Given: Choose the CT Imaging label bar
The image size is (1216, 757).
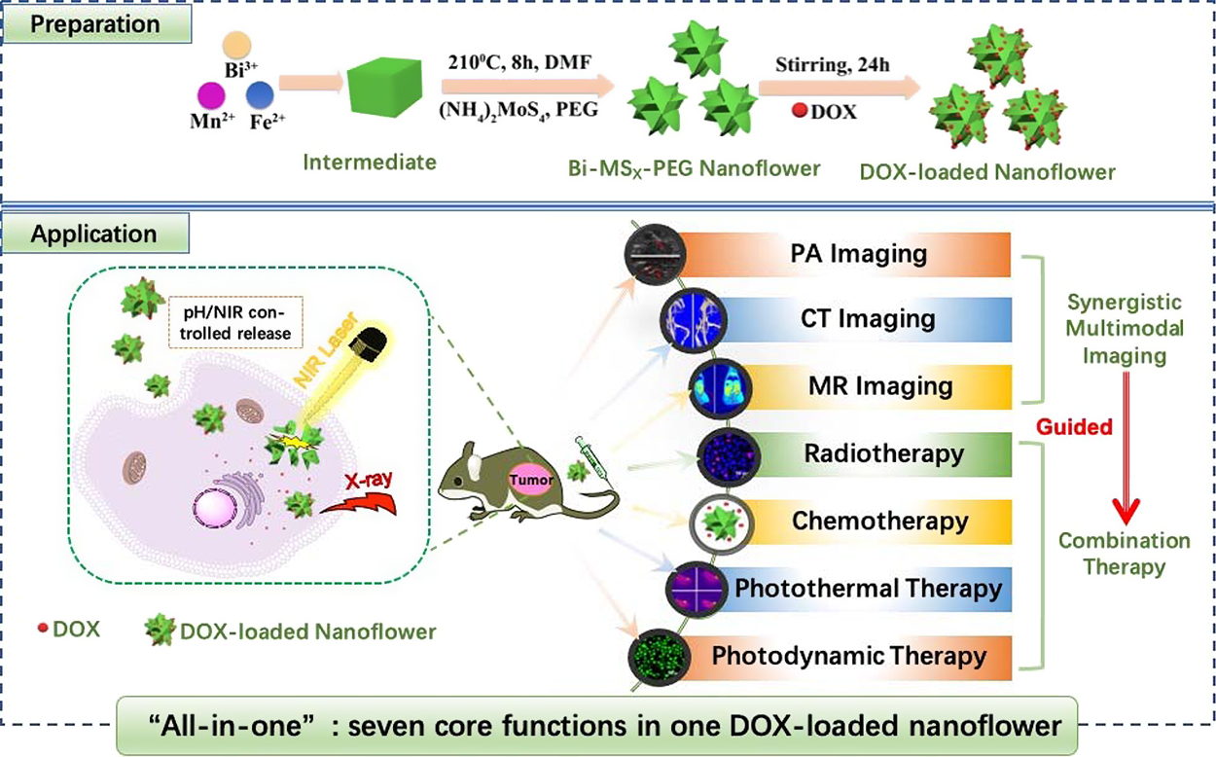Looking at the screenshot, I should pyautogui.click(x=856, y=318).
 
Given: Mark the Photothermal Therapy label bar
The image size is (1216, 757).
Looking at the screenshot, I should pyautogui.click(x=856, y=588).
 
